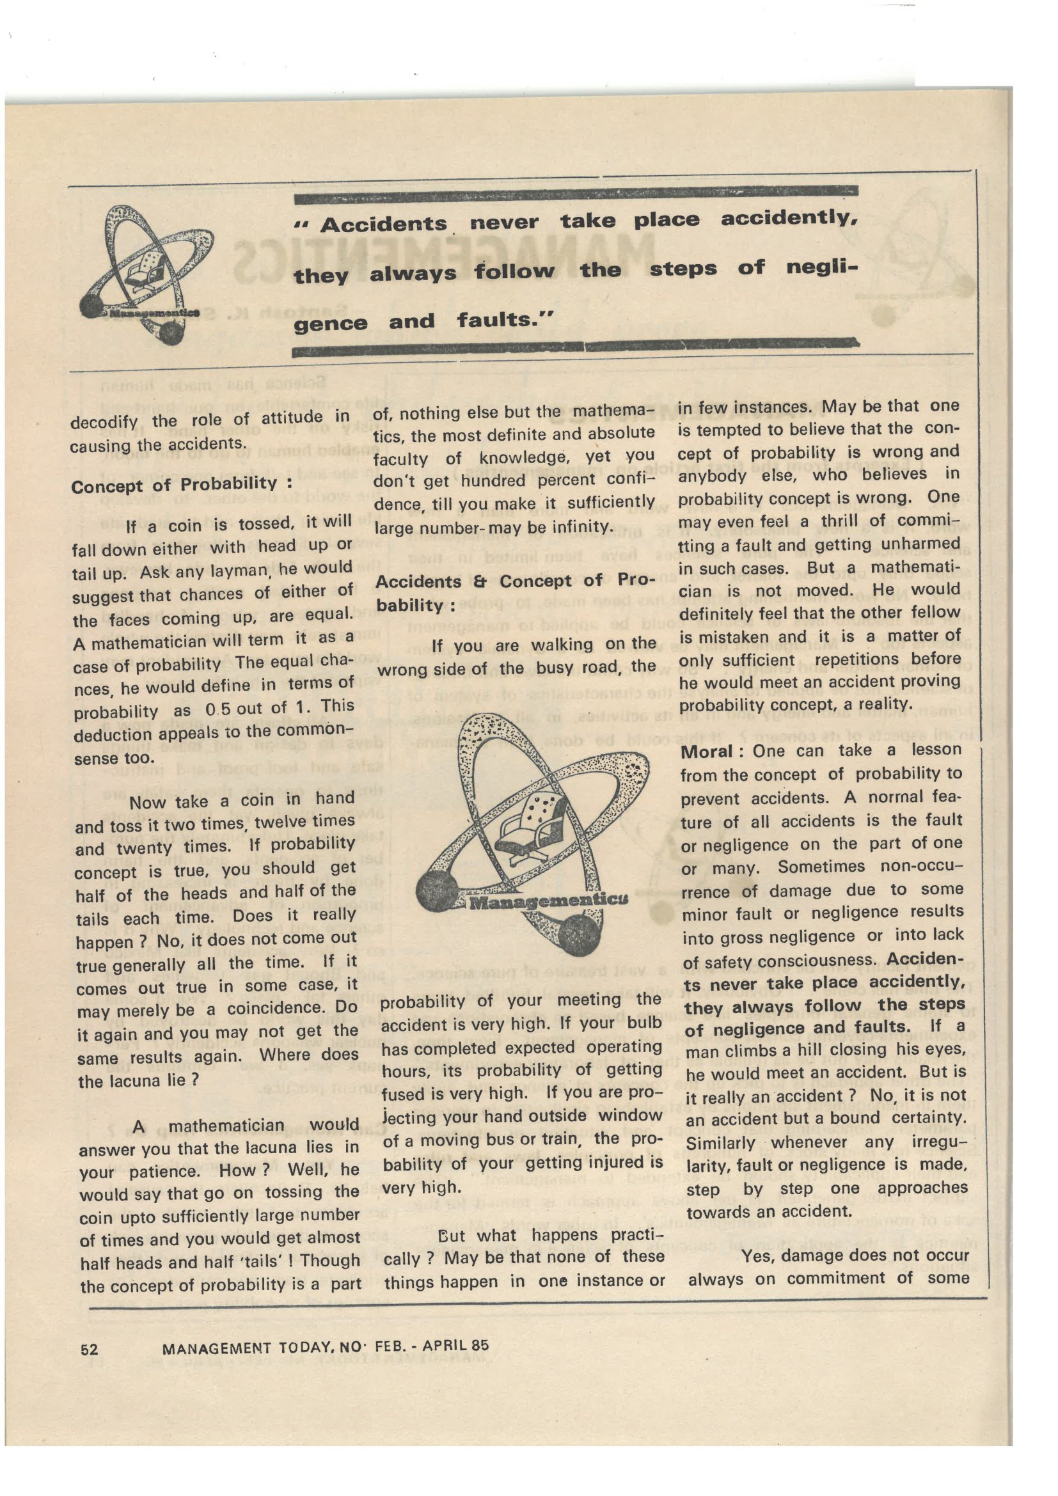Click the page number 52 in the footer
pyautogui.click(x=90, y=1350)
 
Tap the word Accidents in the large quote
pyautogui.click(x=383, y=224)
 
